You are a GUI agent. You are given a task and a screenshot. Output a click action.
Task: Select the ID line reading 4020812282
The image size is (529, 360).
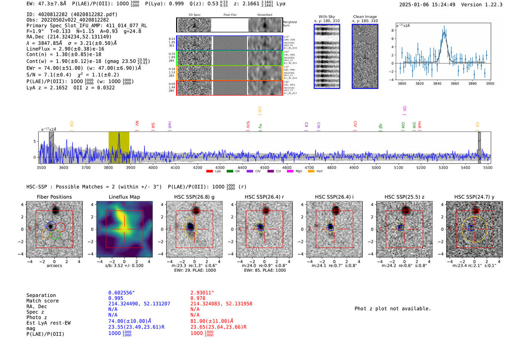[72, 14]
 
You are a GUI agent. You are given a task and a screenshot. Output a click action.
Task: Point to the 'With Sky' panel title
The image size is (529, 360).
[326, 17]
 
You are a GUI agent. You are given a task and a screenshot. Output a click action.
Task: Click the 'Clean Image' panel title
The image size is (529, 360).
[365, 17]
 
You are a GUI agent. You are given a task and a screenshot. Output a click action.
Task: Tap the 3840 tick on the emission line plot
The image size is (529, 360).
[437, 83]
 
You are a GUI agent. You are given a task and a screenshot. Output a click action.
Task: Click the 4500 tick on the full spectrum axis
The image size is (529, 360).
[264, 167]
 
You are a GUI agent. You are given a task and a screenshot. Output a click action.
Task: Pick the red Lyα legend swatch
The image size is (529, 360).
[209, 172]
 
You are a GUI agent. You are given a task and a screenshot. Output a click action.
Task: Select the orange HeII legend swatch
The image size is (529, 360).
[311, 172]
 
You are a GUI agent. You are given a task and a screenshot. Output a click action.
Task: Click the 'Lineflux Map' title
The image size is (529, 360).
[124, 197]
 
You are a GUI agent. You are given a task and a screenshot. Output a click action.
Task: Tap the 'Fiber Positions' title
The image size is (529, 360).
[54, 197]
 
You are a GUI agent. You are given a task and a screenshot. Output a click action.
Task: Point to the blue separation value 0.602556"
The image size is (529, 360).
[121, 293]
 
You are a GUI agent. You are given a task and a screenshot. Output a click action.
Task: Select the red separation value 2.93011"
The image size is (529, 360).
[202, 293]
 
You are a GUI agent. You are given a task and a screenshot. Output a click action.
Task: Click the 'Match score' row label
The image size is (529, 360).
[42, 301]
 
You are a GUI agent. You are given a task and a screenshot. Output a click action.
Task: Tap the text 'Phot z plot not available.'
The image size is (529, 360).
[393, 309]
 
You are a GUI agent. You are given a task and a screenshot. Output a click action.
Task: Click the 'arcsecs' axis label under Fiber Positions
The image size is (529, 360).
[54, 266]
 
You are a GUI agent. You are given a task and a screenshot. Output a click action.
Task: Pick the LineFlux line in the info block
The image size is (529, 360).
[65, 49]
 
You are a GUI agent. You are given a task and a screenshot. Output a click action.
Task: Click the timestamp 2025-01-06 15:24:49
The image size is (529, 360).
[427, 5]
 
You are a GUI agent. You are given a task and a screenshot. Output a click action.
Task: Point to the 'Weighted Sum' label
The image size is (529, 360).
[290, 24]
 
